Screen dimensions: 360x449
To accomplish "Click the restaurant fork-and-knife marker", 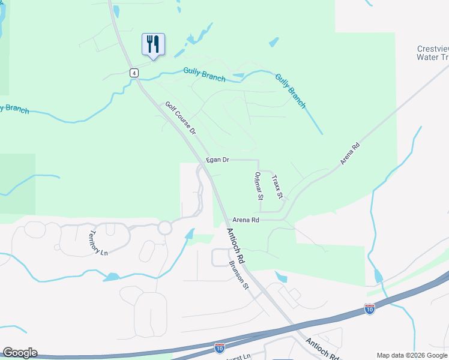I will [x=153, y=44].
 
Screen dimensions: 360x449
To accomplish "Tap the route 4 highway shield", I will [x=134, y=73].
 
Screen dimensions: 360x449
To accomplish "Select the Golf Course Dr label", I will [x=181, y=118].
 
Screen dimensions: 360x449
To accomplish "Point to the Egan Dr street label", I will [x=217, y=160].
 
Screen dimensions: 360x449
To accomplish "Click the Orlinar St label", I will [x=258, y=185].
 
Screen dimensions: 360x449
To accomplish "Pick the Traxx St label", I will [x=276, y=187].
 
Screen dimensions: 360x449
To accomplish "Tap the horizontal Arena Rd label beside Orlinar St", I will [x=247, y=220].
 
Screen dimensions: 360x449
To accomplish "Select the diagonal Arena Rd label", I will [x=349, y=154].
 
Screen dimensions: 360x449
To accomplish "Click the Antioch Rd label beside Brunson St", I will [x=237, y=245].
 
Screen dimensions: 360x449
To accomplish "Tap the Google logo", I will [x=19, y=353].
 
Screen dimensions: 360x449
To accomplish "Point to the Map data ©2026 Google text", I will [x=412, y=355].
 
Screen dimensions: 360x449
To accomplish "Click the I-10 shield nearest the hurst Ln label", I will [x=220, y=347].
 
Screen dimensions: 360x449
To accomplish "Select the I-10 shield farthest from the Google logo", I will [x=370, y=309].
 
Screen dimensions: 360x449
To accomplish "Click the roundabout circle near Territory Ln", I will [x=164, y=228].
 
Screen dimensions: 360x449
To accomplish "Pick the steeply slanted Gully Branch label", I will [x=291, y=91].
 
